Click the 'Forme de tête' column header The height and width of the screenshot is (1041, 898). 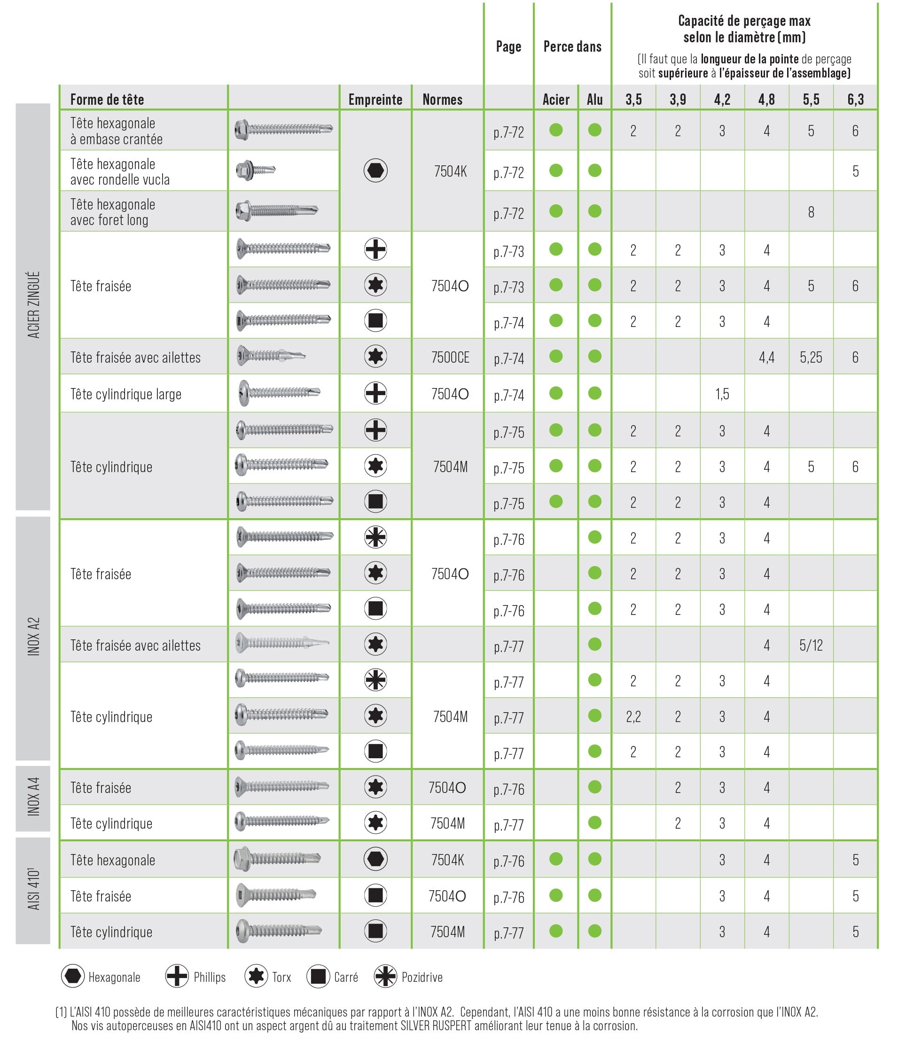(x=107, y=100)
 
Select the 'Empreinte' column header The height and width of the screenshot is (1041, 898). (x=375, y=100)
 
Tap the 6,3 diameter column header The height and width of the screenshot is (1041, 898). (x=855, y=100)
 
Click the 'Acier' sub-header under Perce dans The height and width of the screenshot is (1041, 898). (x=556, y=100)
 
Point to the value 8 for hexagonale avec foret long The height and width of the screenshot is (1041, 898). (x=811, y=212)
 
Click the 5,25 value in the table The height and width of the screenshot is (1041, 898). (x=811, y=357)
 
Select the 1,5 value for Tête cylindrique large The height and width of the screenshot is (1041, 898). (x=722, y=394)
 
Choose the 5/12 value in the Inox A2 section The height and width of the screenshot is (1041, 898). (x=811, y=645)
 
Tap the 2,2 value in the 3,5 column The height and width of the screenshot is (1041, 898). (x=633, y=716)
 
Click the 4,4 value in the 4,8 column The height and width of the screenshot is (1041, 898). (x=766, y=357)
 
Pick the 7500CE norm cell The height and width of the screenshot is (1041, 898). (x=450, y=357)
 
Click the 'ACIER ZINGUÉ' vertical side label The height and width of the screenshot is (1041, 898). (x=33, y=305)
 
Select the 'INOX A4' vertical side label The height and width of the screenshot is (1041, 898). (x=33, y=797)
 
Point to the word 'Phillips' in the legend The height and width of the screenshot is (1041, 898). (x=210, y=977)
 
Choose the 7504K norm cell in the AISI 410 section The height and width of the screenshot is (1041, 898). (x=447, y=860)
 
